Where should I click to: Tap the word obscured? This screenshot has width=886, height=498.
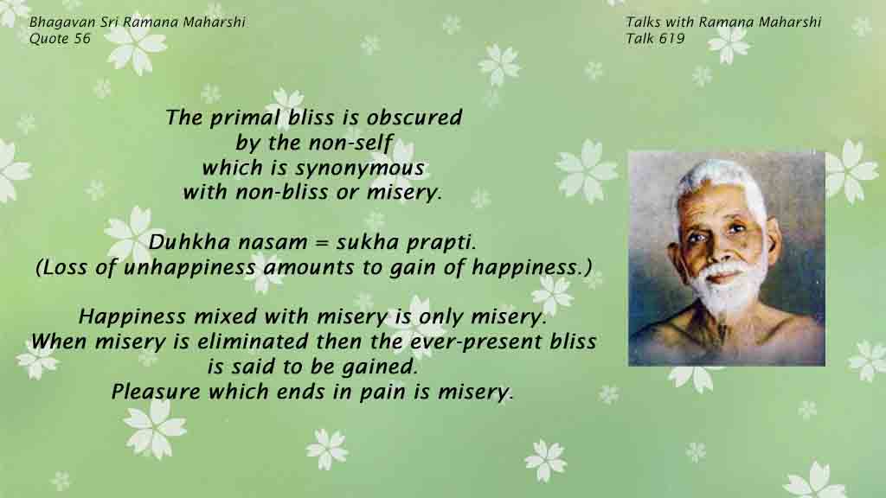[x=414, y=118]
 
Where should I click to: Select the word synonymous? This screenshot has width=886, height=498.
[x=360, y=169]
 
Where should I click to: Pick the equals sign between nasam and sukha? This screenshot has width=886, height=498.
[x=321, y=243]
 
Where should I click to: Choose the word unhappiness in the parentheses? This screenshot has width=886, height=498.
[x=189, y=268]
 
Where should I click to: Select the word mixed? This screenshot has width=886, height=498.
[x=226, y=316]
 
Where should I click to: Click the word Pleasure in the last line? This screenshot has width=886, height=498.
[x=156, y=392]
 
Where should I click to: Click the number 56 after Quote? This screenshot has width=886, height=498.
[x=82, y=38]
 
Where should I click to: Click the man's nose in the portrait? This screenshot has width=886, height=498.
[x=717, y=250]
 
